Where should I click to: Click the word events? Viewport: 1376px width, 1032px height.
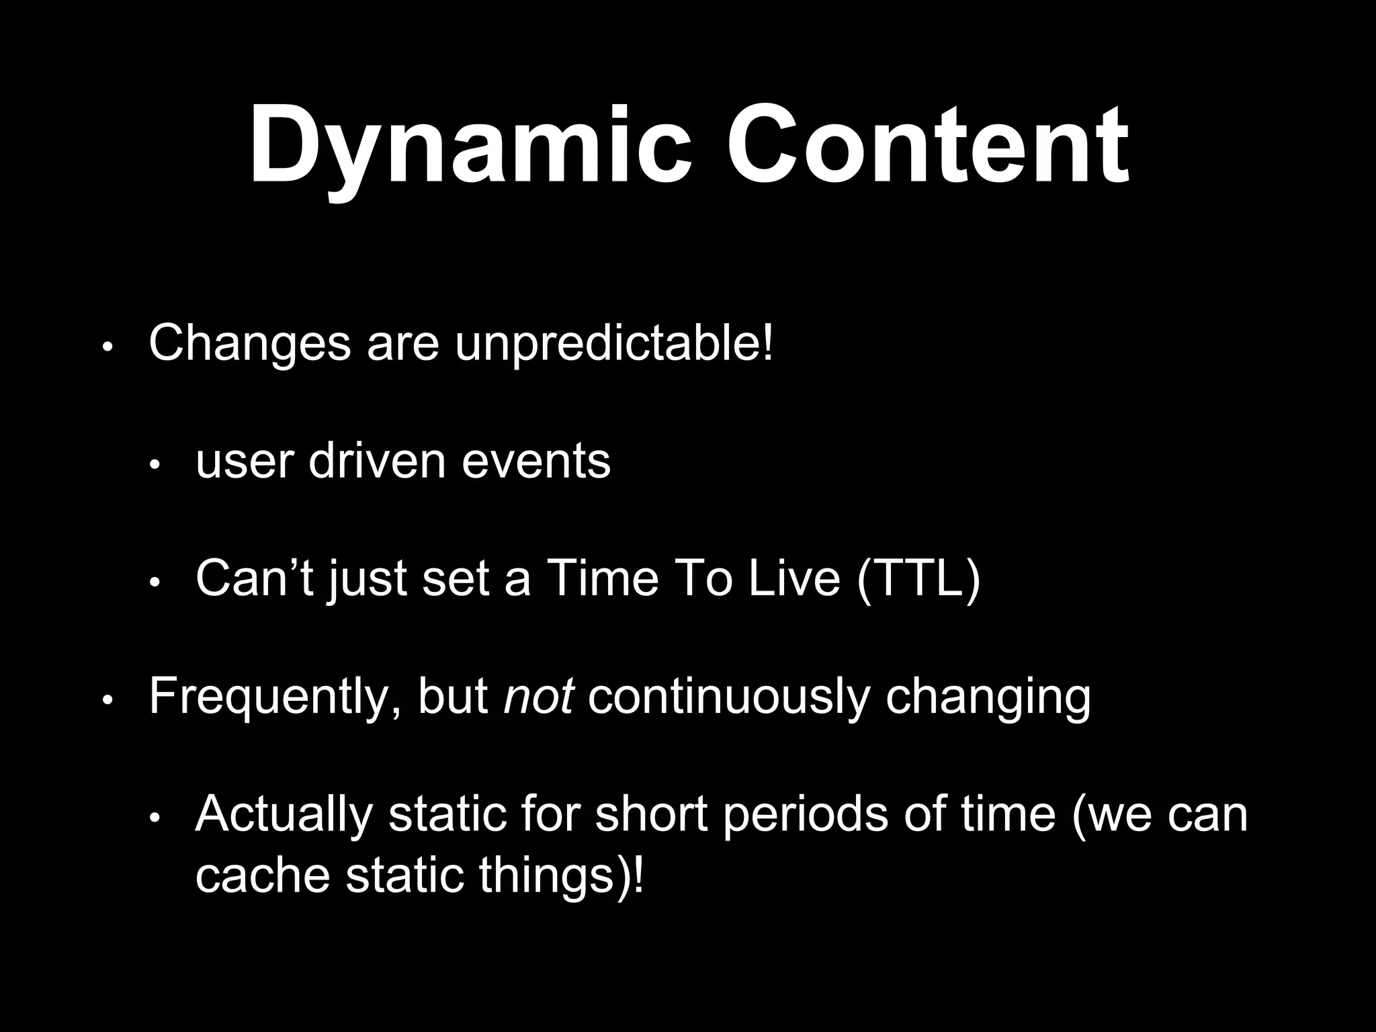click(x=535, y=462)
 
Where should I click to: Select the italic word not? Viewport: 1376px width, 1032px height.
click(x=537, y=696)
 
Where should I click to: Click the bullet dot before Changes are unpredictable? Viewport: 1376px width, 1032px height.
click(x=107, y=349)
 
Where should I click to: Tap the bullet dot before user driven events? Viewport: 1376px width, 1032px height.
click(x=154, y=465)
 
